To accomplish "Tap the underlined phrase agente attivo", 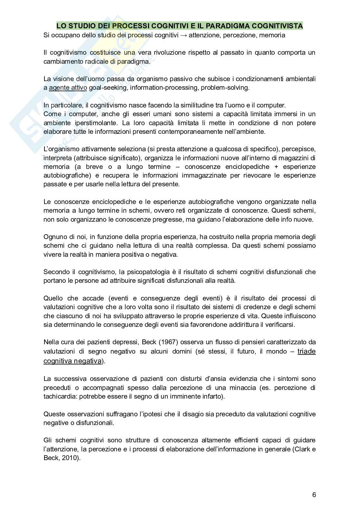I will pyautogui.click(x=68, y=88).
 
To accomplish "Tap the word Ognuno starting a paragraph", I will pyautogui.click(x=54, y=237).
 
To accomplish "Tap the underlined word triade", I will pyautogui.click(x=306, y=352).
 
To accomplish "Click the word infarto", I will pyautogui.click(x=212, y=396).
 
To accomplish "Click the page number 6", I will pyautogui.click(x=314, y=495).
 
